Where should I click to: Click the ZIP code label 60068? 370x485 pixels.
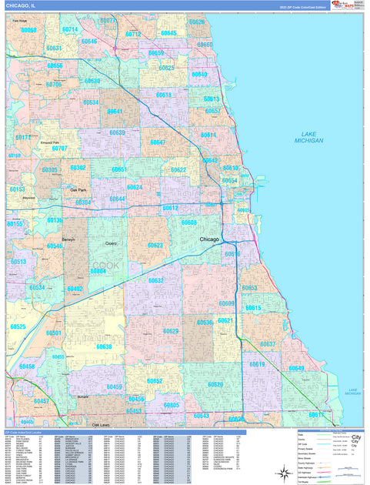28,30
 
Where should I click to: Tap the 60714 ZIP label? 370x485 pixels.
69,29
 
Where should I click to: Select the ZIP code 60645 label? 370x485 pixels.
168,33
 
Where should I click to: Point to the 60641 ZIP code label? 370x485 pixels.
115,112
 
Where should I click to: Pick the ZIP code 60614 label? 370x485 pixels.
208,135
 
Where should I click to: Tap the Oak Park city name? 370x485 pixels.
78,189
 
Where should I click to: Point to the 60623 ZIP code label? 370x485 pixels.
155,246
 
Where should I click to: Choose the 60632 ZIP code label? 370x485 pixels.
156,280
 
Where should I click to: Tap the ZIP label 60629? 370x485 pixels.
171,331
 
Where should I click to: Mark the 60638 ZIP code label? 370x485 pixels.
104,346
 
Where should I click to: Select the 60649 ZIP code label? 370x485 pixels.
296,368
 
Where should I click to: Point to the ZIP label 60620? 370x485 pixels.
215,384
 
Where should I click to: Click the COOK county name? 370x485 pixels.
106,266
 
